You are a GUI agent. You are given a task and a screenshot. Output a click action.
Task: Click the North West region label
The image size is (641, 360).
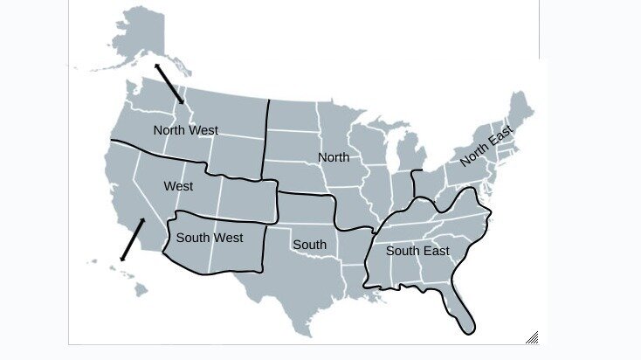click(x=185, y=130)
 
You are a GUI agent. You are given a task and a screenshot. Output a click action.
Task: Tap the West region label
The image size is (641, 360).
click(x=178, y=186)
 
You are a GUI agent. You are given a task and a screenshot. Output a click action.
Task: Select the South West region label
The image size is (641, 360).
click(x=210, y=237)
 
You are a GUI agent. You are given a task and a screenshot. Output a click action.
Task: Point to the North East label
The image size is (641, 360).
click(x=486, y=146)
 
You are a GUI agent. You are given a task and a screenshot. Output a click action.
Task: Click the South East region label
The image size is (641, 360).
click(x=417, y=251)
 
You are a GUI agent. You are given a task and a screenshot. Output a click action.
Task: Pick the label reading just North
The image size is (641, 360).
click(x=334, y=157)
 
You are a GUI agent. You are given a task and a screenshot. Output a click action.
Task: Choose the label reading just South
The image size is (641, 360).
click(x=309, y=245)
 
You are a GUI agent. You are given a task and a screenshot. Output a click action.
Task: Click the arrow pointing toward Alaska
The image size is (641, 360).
click(x=169, y=83)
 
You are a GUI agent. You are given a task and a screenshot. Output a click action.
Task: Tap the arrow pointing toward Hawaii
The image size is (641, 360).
click(x=132, y=239)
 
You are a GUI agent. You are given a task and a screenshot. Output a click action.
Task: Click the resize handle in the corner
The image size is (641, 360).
click(x=532, y=337)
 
